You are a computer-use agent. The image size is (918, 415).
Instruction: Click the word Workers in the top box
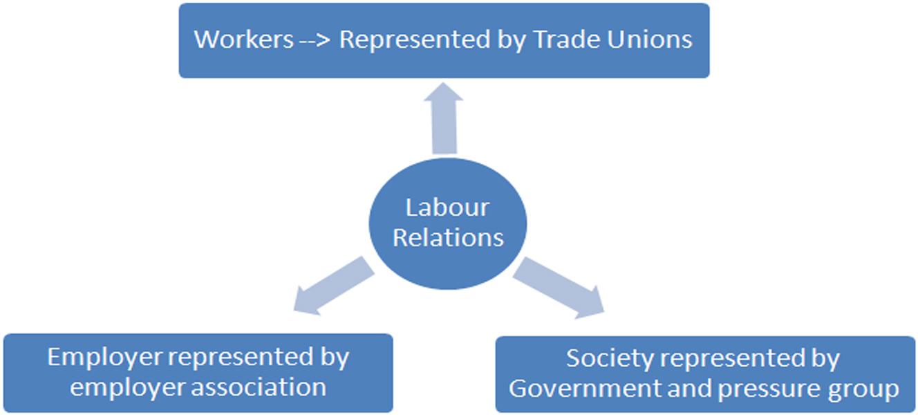[243, 39]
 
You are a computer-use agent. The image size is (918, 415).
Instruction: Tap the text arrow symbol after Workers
[316, 40]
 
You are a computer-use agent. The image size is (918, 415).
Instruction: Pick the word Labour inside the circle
[447, 207]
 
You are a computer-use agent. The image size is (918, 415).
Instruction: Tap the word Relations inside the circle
[448, 238]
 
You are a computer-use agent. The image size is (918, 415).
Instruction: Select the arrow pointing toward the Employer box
[331, 286]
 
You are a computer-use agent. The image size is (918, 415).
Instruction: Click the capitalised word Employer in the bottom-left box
[104, 358]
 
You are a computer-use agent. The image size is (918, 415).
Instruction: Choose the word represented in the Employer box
[241, 358]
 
